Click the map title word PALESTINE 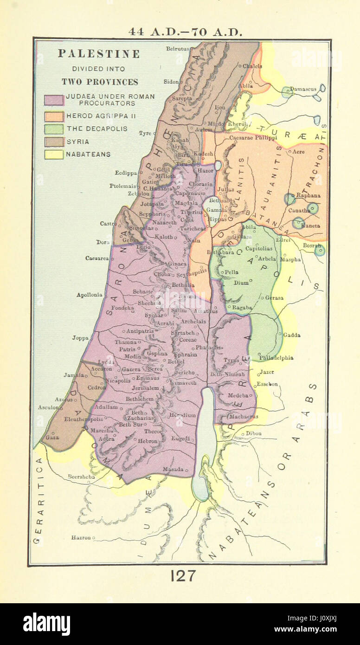point(99,54)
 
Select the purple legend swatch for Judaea point(54,100)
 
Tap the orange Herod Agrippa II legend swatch point(54,116)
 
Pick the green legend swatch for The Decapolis point(54,129)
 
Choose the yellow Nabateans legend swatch point(54,155)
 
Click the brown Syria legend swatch point(54,142)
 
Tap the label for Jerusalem point(145,388)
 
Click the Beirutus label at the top point(178,48)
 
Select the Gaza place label point(52,438)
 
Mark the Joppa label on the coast point(80,338)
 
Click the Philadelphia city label point(276,358)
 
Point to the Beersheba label point(81,476)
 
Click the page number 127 point(183,576)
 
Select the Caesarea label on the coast point(96,258)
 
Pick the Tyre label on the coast point(145,133)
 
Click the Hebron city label point(148,441)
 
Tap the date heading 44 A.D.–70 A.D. point(186,32)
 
